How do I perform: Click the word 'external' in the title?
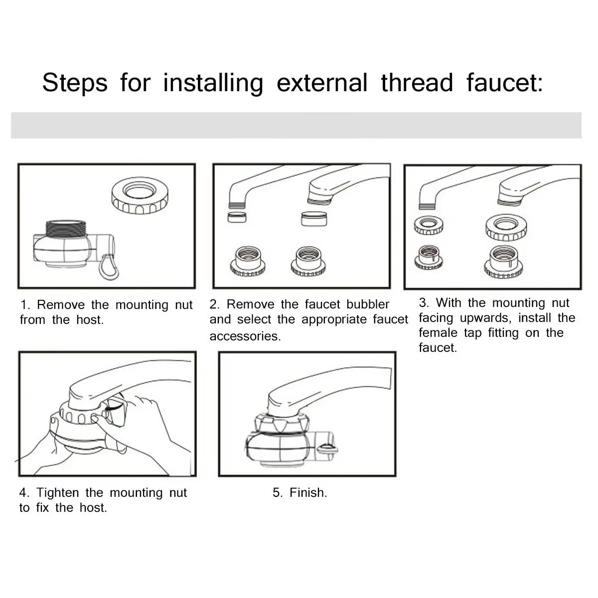pyautogui.click(x=322, y=83)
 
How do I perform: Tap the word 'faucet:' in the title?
pyautogui.click(x=505, y=83)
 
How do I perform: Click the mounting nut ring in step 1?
pyautogui.click(x=140, y=195)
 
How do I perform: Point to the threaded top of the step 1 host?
pyautogui.click(x=66, y=228)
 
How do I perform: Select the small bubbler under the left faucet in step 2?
pyautogui.click(x=237, y=217)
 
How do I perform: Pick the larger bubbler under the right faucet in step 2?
pyautogui.click(x=314, y=219)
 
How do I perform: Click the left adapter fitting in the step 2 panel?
pyautogui.click(x=247, y=261)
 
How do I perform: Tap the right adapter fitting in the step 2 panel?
pyautogui.click(x=308, y=261)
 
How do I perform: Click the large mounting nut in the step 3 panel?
pyautogui.click(x=506, y=228)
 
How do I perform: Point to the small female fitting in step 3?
pyautogui.click(x=429, y=257)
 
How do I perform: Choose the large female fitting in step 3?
pyautogui.click(x=503, y=262)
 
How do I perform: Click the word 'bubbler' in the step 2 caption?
pyautogui.click(x=368, y=304)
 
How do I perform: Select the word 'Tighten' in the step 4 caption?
pyautogui.click(x=57, y=492)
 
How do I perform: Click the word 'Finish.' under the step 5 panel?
pyautogui.click(x=308, y=492)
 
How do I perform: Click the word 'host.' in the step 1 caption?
pyautogui.click(x=90, y=319)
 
